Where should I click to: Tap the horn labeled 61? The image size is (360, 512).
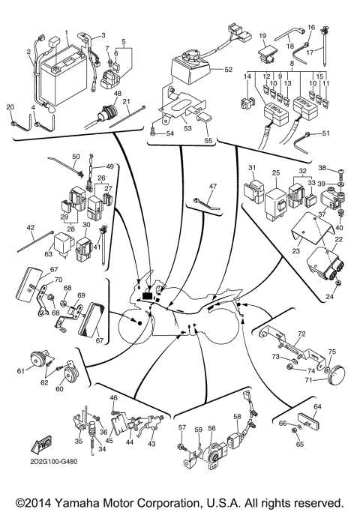click(35, 362)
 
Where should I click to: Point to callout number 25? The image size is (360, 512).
click(276, 173)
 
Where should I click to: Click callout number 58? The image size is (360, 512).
click(237, 416)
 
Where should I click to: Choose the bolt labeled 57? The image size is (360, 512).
click(183, 448)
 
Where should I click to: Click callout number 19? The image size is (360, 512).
click(263, 35)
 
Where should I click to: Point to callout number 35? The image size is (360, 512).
click(79, 431)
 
